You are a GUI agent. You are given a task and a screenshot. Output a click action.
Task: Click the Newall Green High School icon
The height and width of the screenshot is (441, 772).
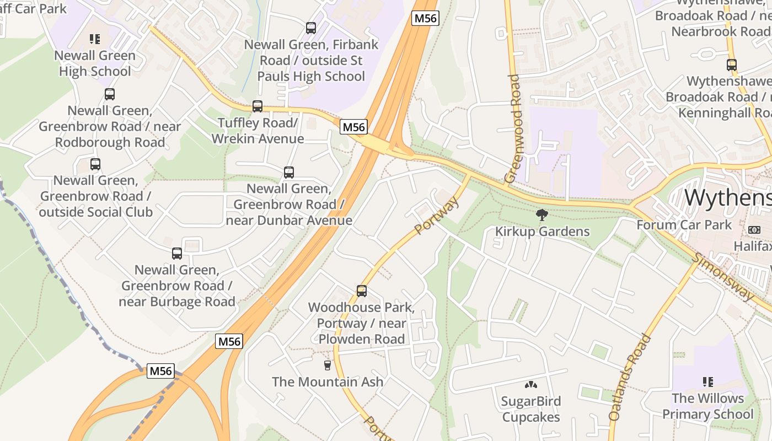tap(95, 39)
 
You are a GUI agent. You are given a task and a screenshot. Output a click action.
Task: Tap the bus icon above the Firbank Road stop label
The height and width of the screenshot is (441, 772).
tap(311, 28)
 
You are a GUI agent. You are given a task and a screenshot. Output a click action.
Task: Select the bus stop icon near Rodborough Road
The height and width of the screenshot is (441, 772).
tap(110, 94)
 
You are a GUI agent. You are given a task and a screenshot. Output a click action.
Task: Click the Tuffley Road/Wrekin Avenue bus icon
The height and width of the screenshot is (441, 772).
tap(258, 106)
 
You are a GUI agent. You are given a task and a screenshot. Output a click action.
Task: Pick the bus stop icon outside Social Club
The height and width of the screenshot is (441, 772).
tap(95, 164)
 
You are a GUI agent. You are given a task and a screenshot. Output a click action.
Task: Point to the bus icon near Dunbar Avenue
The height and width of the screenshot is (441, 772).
tap(289, 173)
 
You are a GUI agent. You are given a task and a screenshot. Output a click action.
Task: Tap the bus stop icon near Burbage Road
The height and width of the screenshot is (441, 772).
tap(177, 254)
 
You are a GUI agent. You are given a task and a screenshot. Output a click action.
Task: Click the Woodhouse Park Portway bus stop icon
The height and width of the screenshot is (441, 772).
tap(362, 291)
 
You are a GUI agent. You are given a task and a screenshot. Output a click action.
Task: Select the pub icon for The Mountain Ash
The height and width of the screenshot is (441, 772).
tap(328, 365)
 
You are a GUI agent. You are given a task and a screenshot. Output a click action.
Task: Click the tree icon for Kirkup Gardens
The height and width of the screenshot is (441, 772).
tap(542, 215)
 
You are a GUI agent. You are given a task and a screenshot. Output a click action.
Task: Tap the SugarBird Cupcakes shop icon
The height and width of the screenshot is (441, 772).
tap(531, 385)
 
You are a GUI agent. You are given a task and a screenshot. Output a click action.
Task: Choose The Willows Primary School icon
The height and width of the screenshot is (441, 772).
tap(708, 381)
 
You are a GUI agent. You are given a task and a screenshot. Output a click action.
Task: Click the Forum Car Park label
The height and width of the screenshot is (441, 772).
tap(684, 225)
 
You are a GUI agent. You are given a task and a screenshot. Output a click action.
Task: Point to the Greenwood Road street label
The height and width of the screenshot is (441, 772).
tap(513, 128)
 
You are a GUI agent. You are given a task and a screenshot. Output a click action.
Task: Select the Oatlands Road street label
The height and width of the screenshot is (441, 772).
tap(630, 378)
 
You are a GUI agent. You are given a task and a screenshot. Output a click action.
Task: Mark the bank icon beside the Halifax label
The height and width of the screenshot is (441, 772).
tap(754, 229)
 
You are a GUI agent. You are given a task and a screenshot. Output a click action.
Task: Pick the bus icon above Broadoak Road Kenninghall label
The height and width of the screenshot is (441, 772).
tap(732, 65)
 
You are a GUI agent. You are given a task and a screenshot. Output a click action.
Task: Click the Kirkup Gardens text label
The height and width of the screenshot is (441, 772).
tap(542, 232)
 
